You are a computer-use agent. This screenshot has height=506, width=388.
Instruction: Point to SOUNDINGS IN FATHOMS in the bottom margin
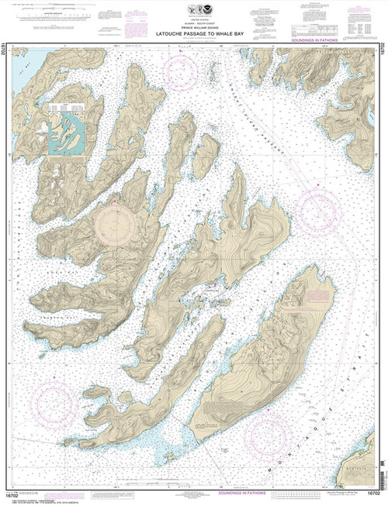(193, 491)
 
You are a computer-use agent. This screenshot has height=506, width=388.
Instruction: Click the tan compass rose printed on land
(116, 225)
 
